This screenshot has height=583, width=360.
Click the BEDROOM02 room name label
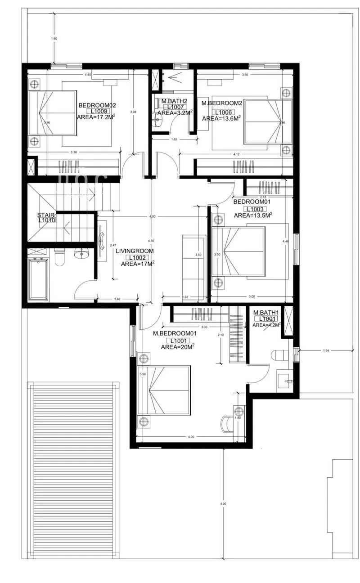tap(97, 105)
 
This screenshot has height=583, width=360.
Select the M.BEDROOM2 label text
tap(222, 103)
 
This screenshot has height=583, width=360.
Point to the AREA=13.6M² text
tap(221, 118)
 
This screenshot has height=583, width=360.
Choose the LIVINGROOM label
tap(135, 251)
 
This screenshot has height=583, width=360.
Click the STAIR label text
tap(46, 215)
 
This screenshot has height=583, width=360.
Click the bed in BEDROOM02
tap(53, 113)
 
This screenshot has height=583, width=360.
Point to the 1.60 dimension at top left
tap(54, 39)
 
